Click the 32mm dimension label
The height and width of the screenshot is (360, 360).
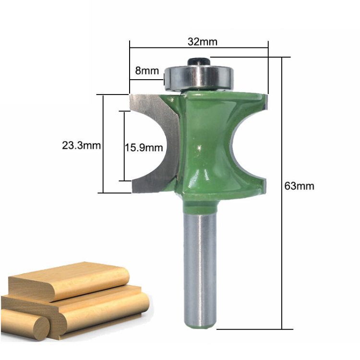202,42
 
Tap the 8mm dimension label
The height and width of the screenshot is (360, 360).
147,71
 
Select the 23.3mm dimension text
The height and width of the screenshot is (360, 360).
81,145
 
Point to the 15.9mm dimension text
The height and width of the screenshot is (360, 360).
144,147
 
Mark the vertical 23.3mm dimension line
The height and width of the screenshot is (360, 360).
103,144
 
